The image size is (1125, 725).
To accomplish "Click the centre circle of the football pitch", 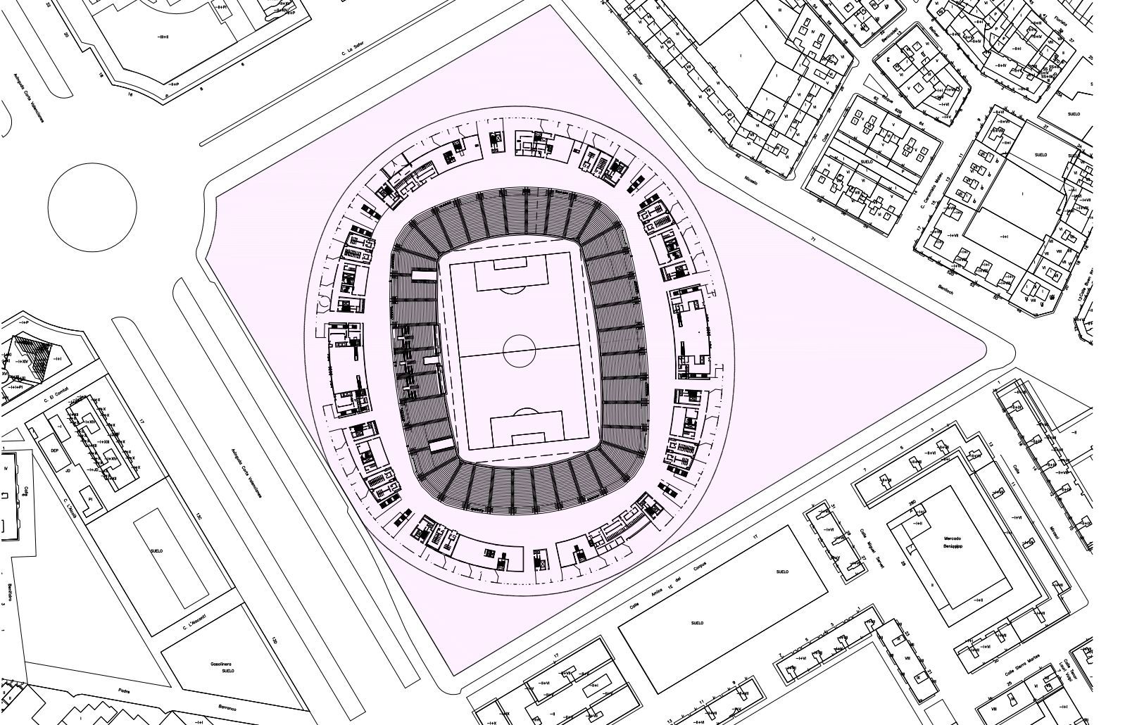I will [520, 350].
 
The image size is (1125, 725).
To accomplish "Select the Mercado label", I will [952, 538].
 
